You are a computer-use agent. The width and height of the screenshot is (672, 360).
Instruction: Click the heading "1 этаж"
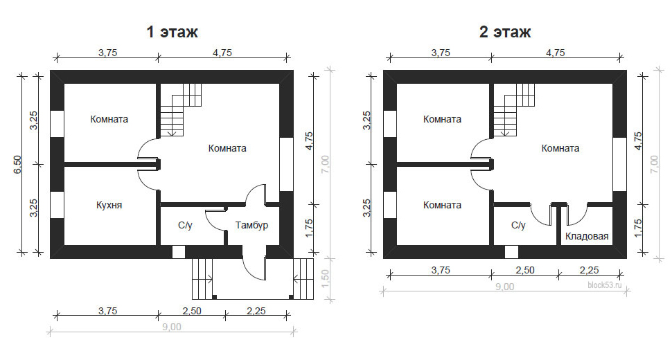coord(173,32)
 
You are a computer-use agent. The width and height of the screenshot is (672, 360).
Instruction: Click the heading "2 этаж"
coord(505,32)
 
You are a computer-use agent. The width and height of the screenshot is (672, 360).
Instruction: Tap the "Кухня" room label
coord(109,205)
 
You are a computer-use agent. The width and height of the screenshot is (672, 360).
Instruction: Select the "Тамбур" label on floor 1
coord(251,225)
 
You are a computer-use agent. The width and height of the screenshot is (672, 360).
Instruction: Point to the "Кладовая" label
coord(587,236)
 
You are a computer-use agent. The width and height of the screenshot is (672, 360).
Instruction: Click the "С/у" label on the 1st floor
coord(185,225)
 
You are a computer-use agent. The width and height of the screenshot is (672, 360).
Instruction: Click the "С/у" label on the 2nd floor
coord(518,225)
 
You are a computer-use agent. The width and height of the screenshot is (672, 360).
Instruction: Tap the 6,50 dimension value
coord(17,164)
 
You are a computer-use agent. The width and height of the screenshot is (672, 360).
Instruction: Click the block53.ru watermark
coord(604,285)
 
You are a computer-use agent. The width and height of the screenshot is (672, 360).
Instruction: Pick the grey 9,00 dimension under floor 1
coord(171,327)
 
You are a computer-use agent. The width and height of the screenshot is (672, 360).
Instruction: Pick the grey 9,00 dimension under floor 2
coord(504,287)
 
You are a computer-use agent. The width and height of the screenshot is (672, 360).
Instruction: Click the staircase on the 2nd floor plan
coord(514,109)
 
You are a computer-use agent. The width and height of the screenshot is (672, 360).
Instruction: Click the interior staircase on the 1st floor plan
coord(181,109)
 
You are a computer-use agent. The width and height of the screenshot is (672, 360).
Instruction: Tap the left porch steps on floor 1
coord(202,279)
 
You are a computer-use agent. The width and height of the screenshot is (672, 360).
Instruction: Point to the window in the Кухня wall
coord(57,205)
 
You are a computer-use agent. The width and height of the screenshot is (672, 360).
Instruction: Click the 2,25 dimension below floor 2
coord(589,270)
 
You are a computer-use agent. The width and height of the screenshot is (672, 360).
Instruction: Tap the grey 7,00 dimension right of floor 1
coord(325,164)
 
